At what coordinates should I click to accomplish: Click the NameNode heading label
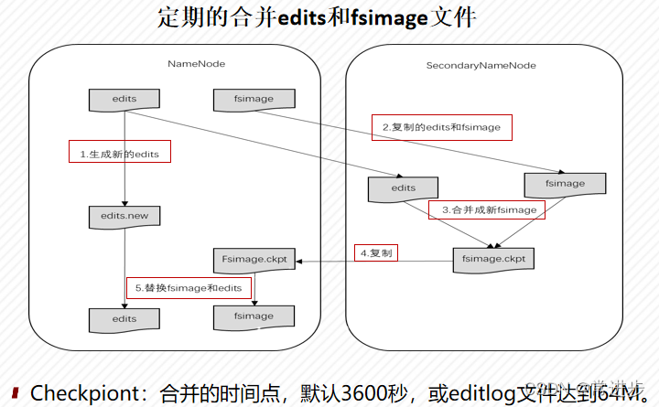(196, 64)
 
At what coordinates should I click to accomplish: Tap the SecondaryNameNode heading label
(481, 66)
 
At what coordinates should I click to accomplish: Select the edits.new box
(124, 217)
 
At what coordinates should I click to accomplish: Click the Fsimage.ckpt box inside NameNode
(254, 261)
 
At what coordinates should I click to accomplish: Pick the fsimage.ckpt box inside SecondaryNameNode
(494, 260)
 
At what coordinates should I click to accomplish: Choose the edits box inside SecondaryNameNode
(403, 188)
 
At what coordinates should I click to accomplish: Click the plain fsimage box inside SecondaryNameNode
(565, 184)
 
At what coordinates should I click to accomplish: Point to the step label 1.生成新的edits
(119, 154)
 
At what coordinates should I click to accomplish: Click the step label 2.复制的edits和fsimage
(441, 127)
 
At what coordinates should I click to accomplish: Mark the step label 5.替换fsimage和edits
(188, 288)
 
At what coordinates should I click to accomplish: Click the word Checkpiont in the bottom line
(88, 393)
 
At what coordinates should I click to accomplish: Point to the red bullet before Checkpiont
(16, 393)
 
